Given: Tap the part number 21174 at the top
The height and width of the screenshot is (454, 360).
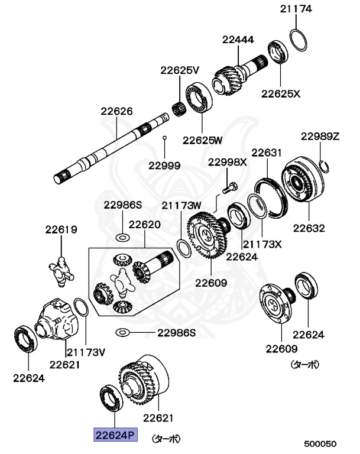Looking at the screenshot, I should tap(296, 9).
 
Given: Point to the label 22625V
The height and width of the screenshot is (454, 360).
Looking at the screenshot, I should tap(180, 70).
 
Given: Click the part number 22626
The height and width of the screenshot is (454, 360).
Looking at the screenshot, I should tap(116, 111).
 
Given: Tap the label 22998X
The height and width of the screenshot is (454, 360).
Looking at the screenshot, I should tap(227, 161).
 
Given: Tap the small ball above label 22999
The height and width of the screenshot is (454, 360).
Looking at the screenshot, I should tap(165, 138).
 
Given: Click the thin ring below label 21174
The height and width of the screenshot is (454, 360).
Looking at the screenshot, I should tap(299, 38).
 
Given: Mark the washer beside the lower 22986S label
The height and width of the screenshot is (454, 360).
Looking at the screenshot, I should tap(122, 332).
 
